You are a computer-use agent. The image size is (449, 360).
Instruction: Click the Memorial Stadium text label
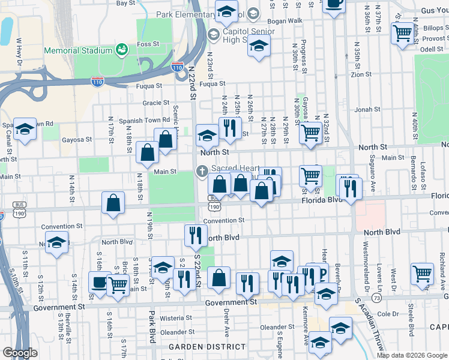coord(78,51)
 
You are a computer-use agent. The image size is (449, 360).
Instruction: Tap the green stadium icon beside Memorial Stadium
coord(121,48)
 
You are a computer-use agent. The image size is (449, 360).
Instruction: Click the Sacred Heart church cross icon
coord(202,172)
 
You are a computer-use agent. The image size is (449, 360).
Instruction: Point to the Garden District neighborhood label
coord(206,347)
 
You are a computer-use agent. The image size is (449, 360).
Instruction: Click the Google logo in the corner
coord(20,353)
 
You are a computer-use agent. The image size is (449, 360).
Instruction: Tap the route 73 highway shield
coord(376,298)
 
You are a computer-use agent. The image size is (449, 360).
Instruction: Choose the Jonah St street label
coord(364,110)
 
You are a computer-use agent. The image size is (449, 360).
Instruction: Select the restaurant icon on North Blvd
coord(194,235)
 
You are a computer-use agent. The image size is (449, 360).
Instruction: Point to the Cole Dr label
coord(388,314)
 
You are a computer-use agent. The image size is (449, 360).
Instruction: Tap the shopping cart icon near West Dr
coord(423,273)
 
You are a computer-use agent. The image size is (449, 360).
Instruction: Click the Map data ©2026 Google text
coord(411,355)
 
